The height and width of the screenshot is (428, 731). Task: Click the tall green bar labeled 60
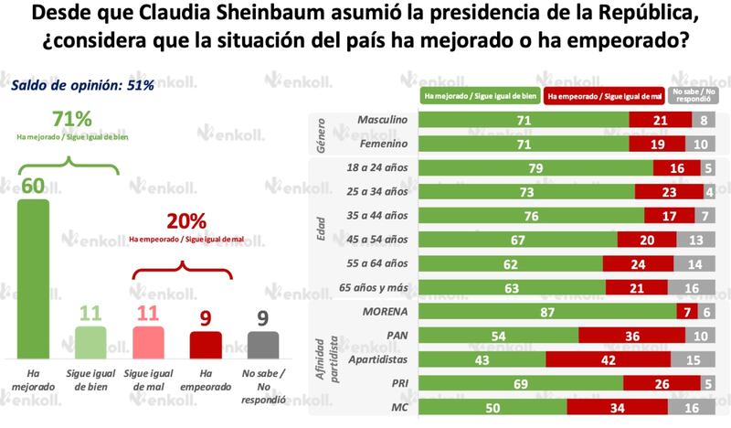point(34,279)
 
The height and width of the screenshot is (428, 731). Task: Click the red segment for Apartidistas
point(606,358)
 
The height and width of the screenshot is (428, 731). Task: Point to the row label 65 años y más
point(376,287)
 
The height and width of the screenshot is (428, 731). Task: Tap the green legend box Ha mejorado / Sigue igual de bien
point(480,94)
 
